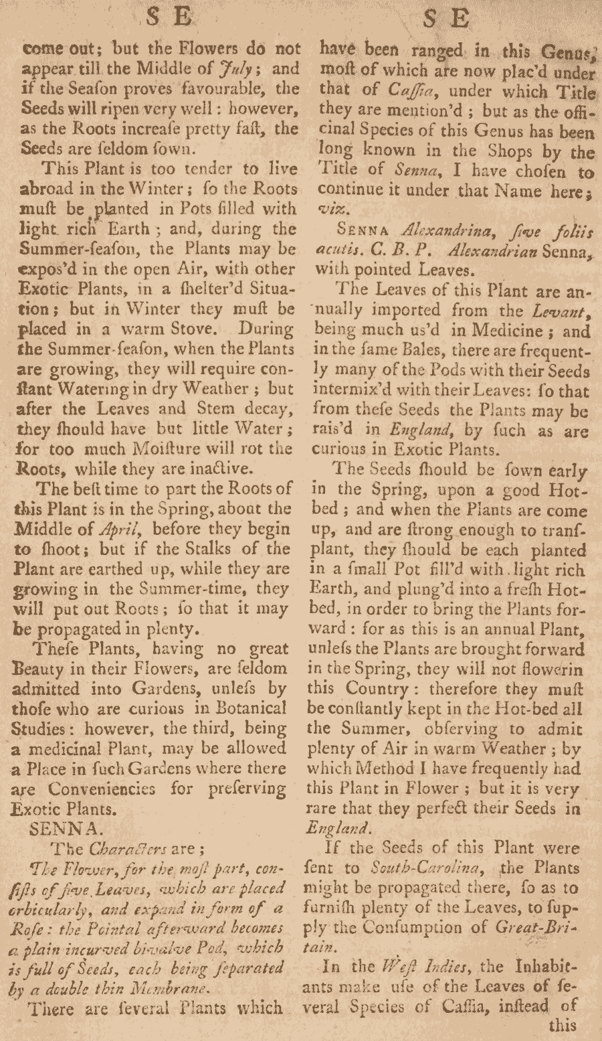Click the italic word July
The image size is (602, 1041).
coord(232,68)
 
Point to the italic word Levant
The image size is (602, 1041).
coord(569,311)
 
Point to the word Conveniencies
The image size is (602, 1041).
coord(102,788)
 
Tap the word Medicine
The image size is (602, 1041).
coord(507,331)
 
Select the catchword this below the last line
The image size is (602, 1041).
coord(562,1025)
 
